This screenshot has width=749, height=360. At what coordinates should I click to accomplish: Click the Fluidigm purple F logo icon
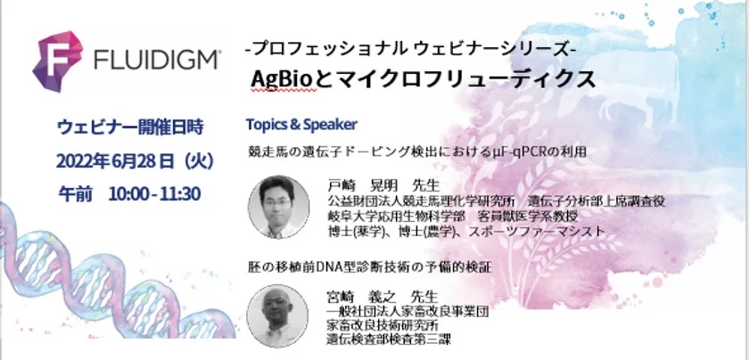[x=57, y=61]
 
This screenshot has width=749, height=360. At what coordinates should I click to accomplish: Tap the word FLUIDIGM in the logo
[x=157, y=61]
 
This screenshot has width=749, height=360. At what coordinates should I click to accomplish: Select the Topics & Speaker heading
[x=301, y=125]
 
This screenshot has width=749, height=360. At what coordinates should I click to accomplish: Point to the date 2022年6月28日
[x=115, y=161]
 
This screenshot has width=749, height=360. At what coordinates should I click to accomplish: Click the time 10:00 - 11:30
[x=154, y=194]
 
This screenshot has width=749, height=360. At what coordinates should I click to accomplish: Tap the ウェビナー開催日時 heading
[x=130, y=127]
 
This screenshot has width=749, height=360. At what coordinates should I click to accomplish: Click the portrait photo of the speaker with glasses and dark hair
[x=278, y=206]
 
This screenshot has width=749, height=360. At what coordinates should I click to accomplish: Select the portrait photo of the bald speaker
[x=277, y=315]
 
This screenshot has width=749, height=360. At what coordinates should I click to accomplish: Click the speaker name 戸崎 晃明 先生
[x=383, y=185]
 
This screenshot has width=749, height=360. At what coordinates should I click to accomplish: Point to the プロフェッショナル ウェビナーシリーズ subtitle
[x=411, y=48]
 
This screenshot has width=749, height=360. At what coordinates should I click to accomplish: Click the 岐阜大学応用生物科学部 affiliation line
[x=397, y=217]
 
